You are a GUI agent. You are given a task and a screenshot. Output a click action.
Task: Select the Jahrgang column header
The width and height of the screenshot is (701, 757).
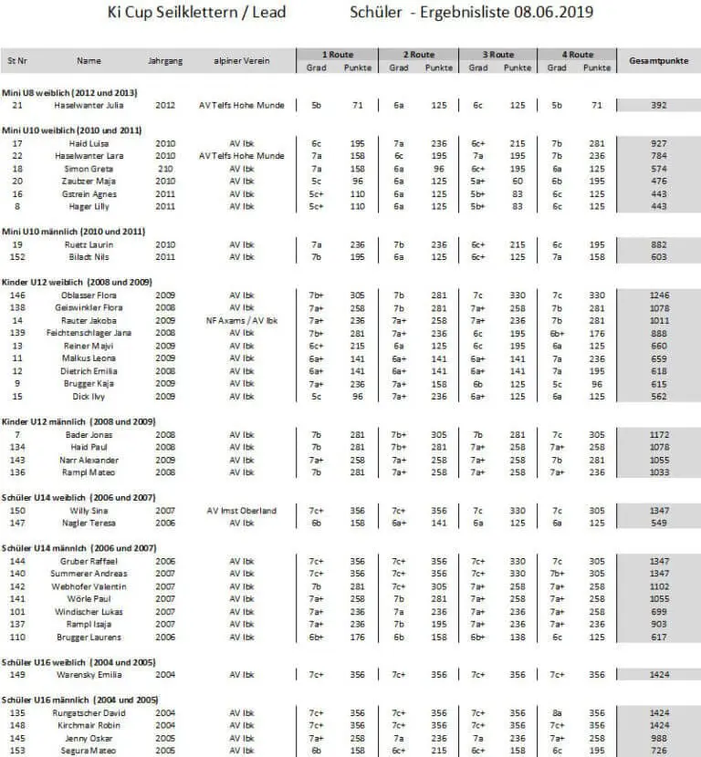165,60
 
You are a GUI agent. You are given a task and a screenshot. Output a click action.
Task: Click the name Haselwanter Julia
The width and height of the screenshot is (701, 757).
89,105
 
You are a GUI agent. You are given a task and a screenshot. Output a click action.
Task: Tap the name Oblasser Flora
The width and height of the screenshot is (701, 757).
89,295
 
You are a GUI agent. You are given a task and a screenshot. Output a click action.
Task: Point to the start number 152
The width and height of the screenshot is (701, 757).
17,257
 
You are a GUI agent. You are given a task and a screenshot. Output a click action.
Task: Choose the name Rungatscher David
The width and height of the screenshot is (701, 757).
89,712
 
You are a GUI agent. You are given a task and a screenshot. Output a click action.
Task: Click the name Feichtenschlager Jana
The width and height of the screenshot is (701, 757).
89,333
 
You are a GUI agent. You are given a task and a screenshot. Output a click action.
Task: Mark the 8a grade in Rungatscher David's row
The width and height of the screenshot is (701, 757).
556,712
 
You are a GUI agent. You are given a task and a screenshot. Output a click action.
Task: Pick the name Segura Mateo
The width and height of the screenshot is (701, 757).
89,751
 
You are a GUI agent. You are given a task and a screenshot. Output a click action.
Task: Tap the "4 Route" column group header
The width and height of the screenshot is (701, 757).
577,54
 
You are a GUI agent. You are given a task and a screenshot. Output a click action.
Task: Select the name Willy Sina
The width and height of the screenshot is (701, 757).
89,510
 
